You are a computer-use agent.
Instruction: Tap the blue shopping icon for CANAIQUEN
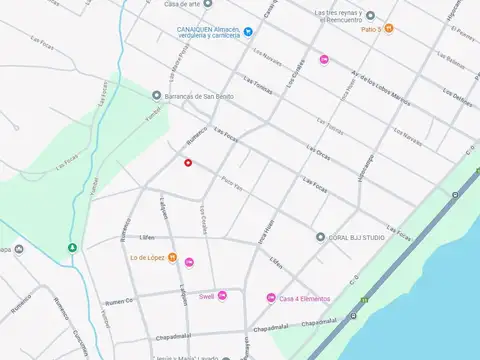tap(169, 31)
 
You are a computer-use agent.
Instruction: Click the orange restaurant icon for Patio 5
tap(389, 28)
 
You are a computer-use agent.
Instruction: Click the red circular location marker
tap(187, 162)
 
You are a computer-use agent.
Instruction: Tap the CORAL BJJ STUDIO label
tap(357, 237)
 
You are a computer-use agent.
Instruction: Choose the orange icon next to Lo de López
tap(172, 258)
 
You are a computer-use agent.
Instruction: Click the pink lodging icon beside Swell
tap(222, 296)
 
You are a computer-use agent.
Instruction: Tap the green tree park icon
tap(71, 248)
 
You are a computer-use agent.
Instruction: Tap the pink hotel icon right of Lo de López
tap(190, 262)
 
